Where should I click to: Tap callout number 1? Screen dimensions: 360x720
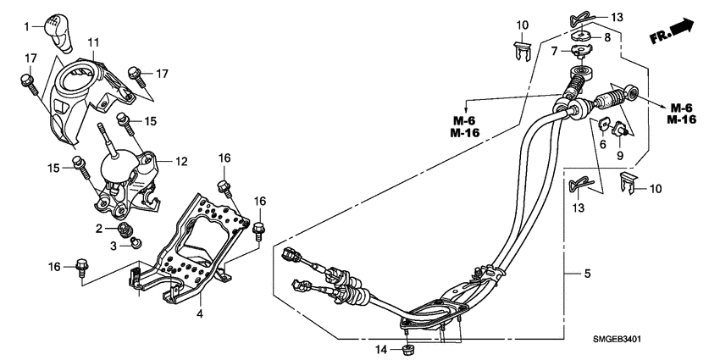click(x=26, y=27)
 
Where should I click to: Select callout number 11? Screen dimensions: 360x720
click(x=93, y=42)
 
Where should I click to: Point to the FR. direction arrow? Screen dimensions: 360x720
click(x=671, y=33)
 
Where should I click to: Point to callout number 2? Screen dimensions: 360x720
click(x=99, y=229)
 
